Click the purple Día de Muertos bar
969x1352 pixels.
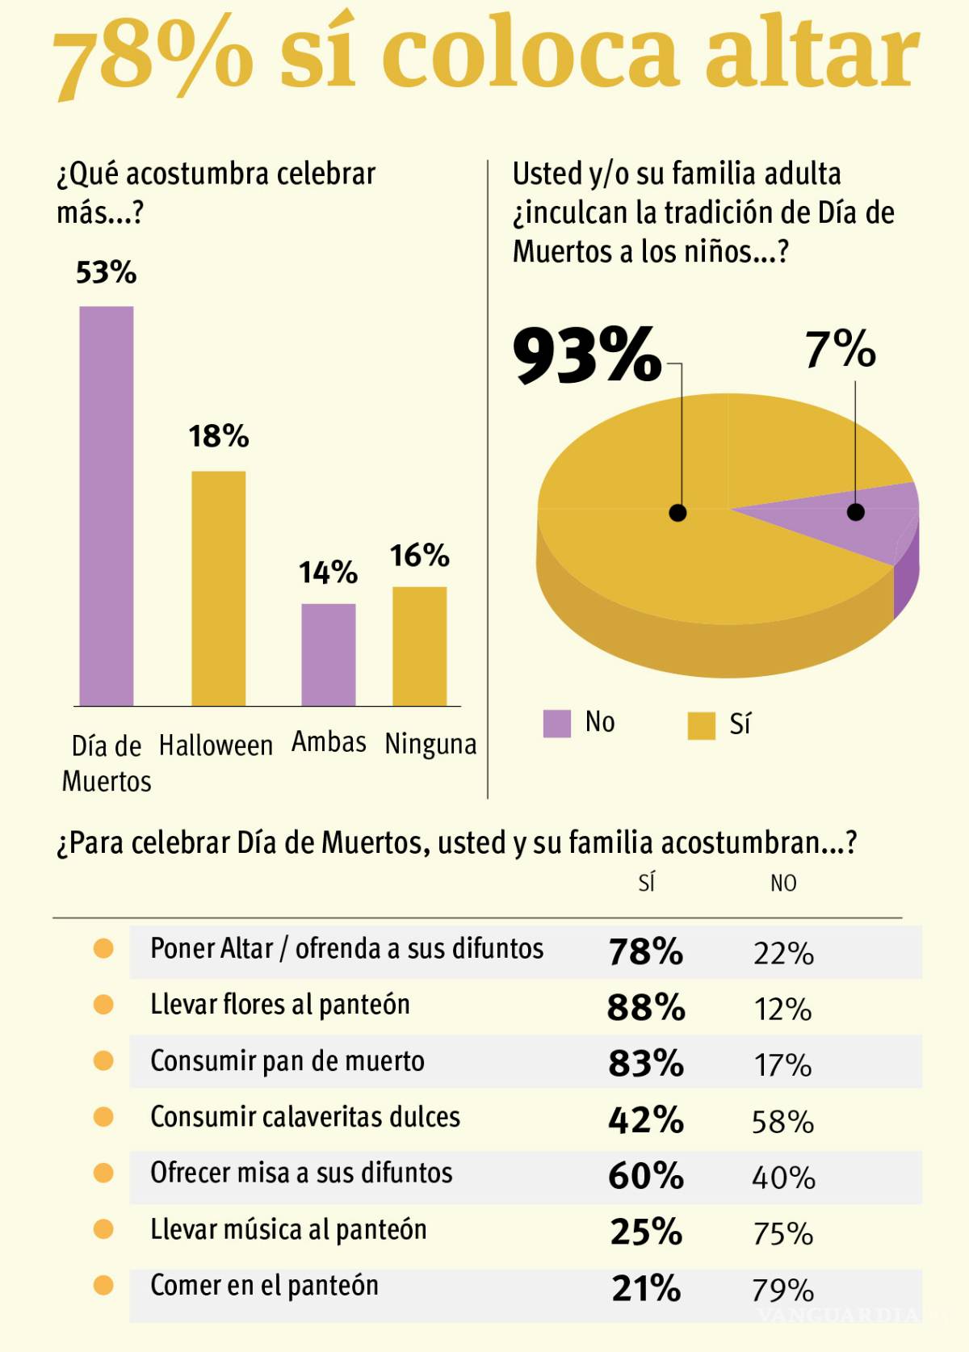pos(106,506)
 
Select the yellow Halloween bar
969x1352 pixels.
pos(218,588)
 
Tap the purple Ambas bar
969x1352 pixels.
pos(328,654)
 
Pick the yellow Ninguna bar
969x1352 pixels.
pos(419,646)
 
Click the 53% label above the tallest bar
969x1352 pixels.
pos(106,273)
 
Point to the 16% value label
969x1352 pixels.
pos(419,556)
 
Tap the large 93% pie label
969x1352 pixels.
pos(587,355)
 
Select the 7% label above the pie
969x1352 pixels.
pos(840,349)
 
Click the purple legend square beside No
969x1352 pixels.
pos(557,724)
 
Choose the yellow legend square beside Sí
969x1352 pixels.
pos(701,725)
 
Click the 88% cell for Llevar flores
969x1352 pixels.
pos(646,1008)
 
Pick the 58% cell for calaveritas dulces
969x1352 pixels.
pos(782,1121)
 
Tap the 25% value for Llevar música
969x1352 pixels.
pos(646,1232)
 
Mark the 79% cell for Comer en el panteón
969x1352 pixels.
pos(782,1290)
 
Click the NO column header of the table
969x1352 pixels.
pos(782,884)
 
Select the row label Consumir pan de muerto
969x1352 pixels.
pos(287,1061)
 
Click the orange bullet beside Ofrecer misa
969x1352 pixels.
pos(103,1173)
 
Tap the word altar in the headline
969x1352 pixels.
pos(812,55)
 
